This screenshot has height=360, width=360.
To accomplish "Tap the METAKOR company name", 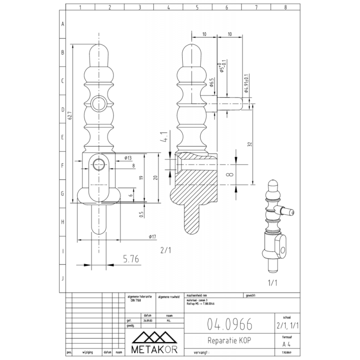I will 155,349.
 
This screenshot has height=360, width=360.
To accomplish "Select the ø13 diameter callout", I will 127,158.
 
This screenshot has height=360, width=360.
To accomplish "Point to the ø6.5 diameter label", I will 211,84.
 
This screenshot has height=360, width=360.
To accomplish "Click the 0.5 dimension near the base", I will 141,214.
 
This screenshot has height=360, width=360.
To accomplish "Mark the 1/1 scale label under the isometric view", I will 273,284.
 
